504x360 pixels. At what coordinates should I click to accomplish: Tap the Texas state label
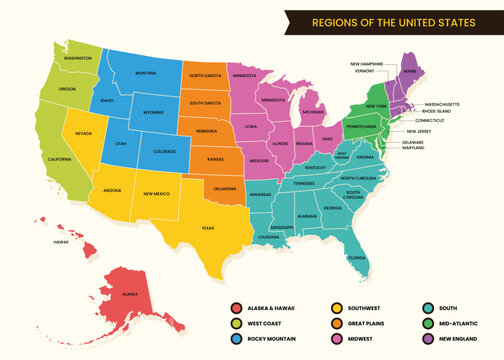pos(207,227)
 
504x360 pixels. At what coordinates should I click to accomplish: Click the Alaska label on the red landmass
pos(130,294)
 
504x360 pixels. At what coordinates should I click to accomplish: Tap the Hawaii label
pos(60,241)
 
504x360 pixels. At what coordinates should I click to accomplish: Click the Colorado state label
pos(163,152)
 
